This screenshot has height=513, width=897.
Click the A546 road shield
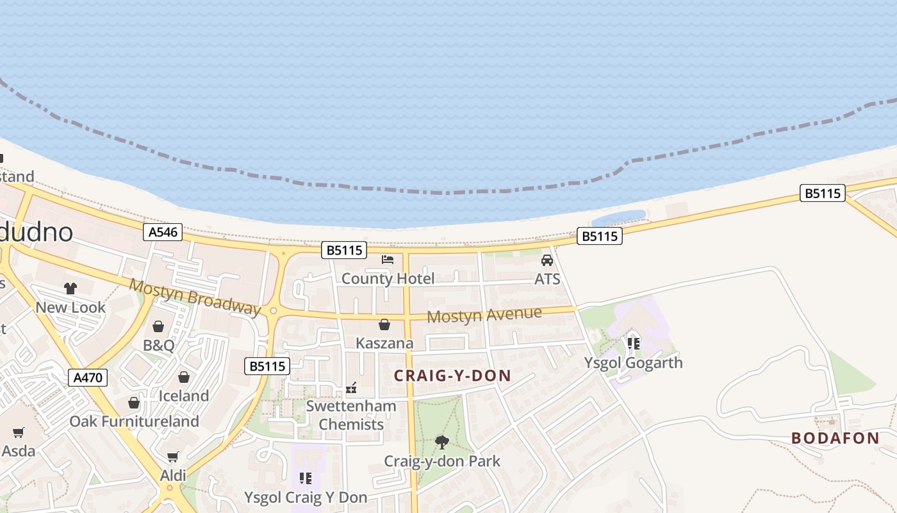[x=163, y=231]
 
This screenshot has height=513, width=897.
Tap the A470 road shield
[x=88, y=377]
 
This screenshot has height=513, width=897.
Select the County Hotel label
[x=388, y=278]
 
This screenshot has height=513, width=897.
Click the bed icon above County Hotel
[x=388, y=260]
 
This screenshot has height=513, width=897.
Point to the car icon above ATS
[x=547, y=260]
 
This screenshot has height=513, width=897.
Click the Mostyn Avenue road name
[x=484, y=315]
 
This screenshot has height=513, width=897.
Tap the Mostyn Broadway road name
[x=195, y=296]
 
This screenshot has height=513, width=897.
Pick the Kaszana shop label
[x=384, y=343]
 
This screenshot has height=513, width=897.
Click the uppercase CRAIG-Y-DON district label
[x=452, y=376]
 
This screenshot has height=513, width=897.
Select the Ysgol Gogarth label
[x=633, y=362]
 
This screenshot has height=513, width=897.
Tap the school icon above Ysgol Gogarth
[x=634, y=344]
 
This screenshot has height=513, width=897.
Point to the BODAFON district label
[x=835, y=438]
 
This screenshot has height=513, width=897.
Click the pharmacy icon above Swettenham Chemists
[x=351, y=387]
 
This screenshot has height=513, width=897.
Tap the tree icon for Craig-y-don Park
[x=441, y=442]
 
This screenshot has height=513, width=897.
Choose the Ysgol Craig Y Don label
[x=306, y=497]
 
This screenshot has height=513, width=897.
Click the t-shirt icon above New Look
[x=70, y=289]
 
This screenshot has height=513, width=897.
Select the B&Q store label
[x=158, y=345]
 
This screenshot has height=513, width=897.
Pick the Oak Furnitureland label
[x=134, y=421]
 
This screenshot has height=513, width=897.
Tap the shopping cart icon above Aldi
[x=172, y=457]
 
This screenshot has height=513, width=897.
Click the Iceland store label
[x=184, y=396]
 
